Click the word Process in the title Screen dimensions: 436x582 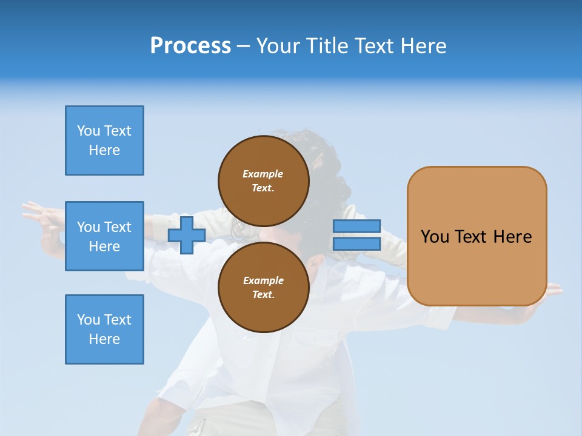[x=190, y=46]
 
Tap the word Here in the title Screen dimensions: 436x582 [x=423, y=46]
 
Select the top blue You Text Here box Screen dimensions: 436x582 [x=104, y=140]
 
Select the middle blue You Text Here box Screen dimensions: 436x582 [x=104, y=236]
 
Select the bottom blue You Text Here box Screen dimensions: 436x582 [x=104, y=329]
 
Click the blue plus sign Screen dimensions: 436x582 [x=186, y=236]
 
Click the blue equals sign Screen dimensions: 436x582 [x=356, y=235]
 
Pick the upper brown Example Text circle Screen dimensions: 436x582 [x=264, y=180]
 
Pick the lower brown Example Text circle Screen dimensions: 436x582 [x=264, y=287]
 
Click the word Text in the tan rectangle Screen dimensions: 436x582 [x=471, y=237]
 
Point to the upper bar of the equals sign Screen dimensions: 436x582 [x=356, y=226]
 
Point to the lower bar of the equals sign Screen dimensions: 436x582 [x=356, y=243]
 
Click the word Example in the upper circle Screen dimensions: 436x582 [x=263, y=174]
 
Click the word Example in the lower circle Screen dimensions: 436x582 [x=263, y=280]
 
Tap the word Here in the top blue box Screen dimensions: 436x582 [x=104, y=150]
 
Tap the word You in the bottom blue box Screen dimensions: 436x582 [x=89, y=320]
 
